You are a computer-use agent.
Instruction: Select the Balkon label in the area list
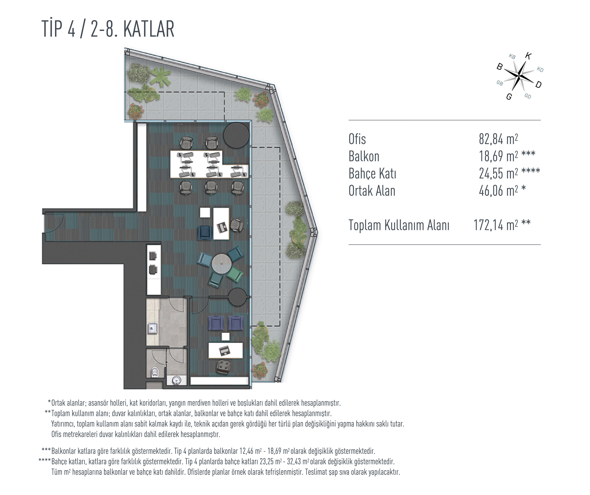pyautogui.click(x=364, y=156)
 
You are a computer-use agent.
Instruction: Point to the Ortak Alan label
pyautogui.click(x=372, y=191)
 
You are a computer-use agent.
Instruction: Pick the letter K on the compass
pyautogui.click(x=528, y=56)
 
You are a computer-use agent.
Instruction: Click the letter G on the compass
pyautogui.click(x=509, y=97)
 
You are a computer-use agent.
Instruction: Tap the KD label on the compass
pyautogui.click(x=540, y=69)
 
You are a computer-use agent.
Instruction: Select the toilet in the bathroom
pyautogui.click(x=155, y=372)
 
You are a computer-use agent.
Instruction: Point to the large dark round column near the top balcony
pyautogui.click(x=236, y=135)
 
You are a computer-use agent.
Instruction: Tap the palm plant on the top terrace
pyautogui.click(x=161, y=76)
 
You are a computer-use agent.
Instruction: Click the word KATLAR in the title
pyautogui.click(x=149, y=29)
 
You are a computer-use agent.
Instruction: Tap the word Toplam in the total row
pyautogui.click(x=365, y=225)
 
